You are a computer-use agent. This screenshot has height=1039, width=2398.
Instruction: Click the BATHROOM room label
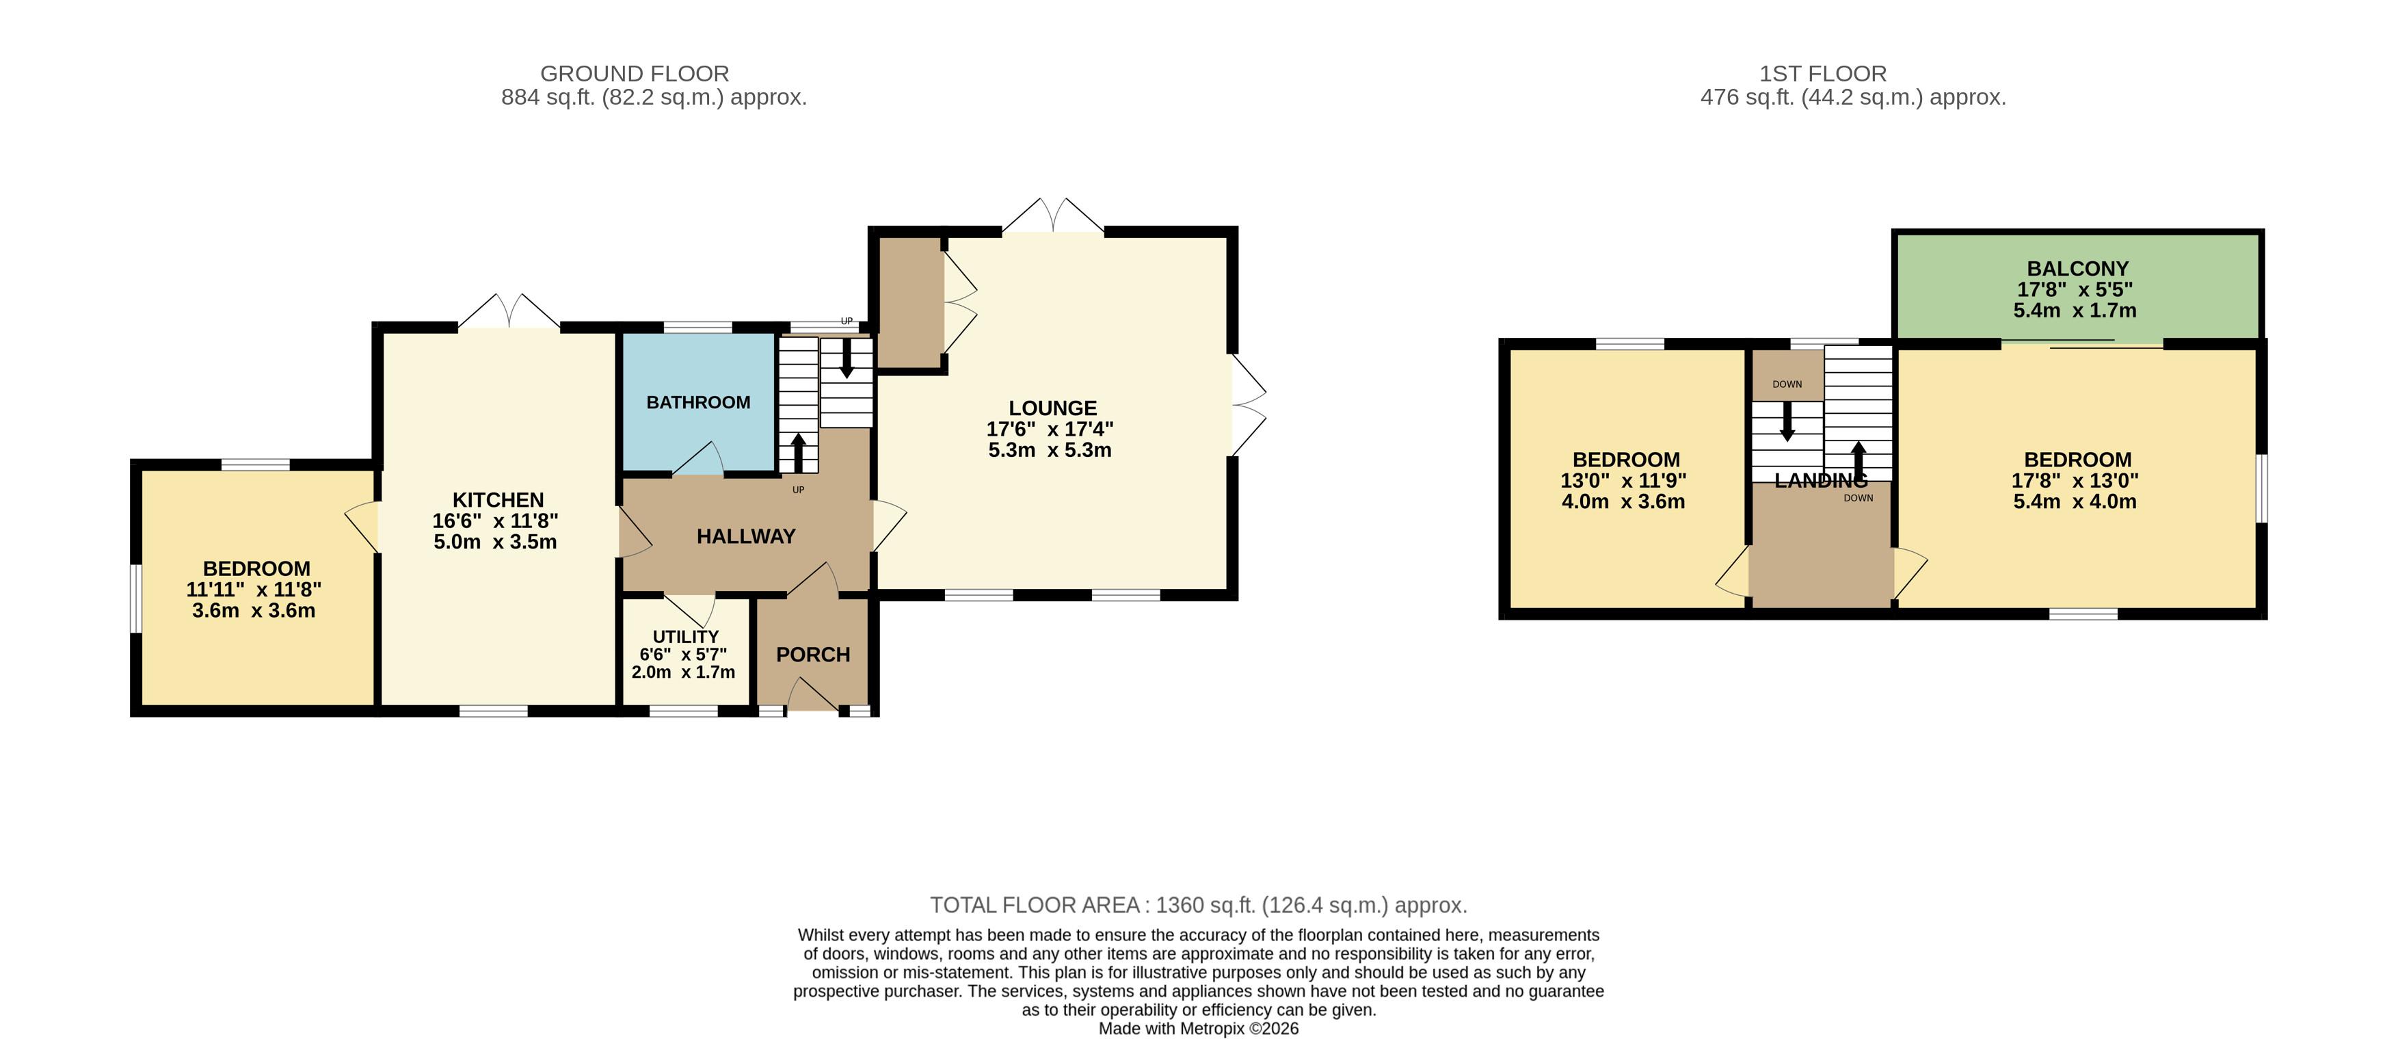[698, 402]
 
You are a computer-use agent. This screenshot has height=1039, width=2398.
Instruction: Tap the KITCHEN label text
[498, 500]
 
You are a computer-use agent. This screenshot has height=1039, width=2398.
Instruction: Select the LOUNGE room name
[1053, 408]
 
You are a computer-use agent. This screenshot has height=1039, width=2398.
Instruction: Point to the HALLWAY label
[745, 536]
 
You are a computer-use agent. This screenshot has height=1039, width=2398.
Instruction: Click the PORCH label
[813, 655]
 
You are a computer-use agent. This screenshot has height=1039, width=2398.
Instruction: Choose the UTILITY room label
[685, 637]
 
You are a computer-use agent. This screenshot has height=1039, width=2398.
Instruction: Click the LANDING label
[1821, 480]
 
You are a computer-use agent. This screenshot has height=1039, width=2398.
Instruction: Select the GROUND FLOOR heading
[635, 74]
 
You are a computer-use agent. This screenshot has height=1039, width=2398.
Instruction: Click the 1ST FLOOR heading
[1823, 74]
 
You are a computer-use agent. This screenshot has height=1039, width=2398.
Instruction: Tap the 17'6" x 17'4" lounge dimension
[1050, 429]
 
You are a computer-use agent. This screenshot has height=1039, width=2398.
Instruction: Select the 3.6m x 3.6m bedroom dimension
[253, 611]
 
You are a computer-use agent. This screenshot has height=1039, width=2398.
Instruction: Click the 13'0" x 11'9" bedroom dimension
[1623, 480]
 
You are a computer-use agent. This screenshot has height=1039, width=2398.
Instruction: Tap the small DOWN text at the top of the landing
[1787, 384]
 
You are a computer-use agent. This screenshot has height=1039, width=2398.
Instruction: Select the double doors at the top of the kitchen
[509, 312]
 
